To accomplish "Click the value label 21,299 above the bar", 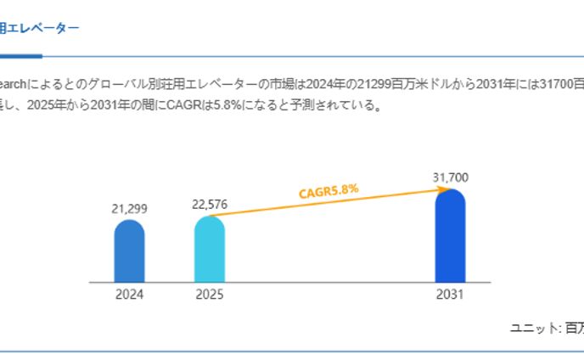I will tap(129, 208).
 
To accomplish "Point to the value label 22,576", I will tap(210, 204).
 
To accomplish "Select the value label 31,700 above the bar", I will tap(450, 177).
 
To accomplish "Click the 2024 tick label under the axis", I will tap(129, 295).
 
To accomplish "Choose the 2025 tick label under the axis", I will tap(210, 295).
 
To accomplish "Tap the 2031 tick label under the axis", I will tap(450, 295).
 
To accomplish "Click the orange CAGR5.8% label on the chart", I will tap(328, 191).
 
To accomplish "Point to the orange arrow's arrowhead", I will tap(442, 190).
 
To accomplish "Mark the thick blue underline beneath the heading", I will tap(20, 56).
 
